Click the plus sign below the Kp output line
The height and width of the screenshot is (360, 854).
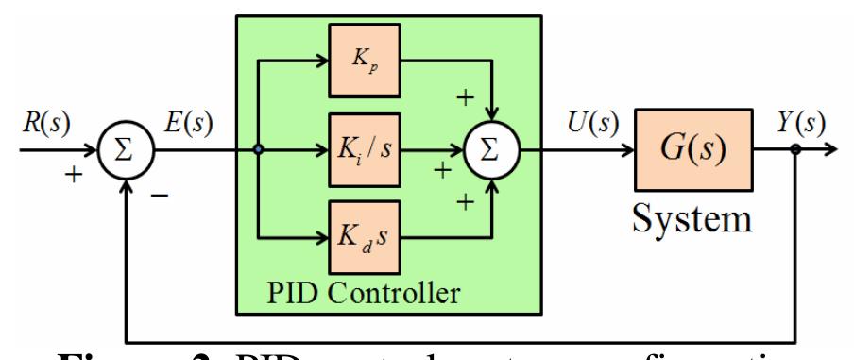click(466, 98)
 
